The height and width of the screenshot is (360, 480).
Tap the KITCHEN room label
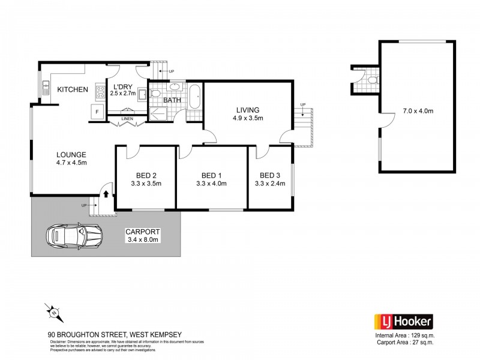click(x=73, y=89)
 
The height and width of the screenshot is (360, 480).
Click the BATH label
click(x=173, y=101)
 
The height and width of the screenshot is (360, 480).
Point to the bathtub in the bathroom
click(x=196, y=97)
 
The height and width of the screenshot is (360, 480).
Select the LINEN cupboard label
click(x=127, y=118)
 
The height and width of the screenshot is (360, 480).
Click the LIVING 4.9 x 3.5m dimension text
click(x=247, y=118)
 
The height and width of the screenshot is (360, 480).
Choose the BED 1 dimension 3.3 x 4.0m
click(x=211, y=184)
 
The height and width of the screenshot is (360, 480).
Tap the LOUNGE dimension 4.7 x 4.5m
click(x=72, y=163)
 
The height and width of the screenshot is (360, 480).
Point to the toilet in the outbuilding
click(x=373, y=79)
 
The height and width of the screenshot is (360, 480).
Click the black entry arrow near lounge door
click(x=106, y=194)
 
